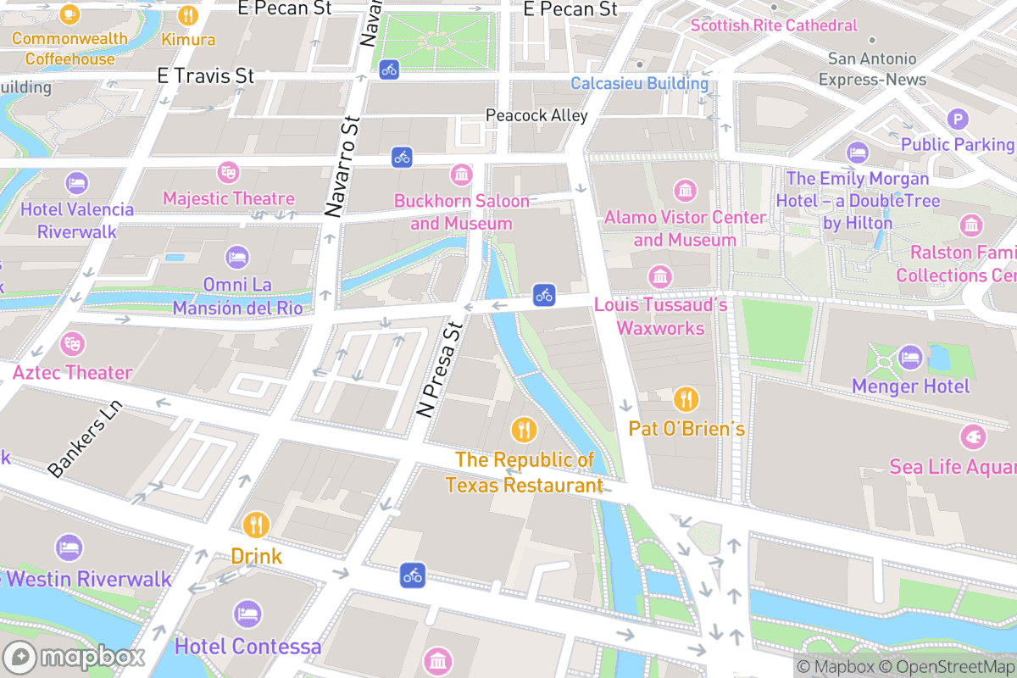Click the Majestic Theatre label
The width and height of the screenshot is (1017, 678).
click(229, 198)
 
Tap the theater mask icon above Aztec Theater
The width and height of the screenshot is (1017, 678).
click(73, 344)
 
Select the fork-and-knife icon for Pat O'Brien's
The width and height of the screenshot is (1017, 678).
click(686, 398)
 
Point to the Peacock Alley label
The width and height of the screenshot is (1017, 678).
click(536, 115)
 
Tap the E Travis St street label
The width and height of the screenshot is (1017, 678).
click(206, 76)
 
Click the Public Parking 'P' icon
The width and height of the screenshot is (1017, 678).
click(957, 119)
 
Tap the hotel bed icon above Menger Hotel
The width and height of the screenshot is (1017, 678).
click(910, 357)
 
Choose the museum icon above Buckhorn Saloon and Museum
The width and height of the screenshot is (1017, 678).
click(462, 175)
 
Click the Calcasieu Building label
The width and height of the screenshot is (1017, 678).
click(639, 83)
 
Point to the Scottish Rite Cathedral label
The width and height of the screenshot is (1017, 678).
click(774, 25)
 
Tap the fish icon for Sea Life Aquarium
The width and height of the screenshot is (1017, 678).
click(972, 437)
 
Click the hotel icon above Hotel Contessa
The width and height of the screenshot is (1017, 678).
click(247, 614)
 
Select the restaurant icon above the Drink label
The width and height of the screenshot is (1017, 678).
click(256, 525)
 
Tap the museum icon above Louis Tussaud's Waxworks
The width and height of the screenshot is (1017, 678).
click(659, 276)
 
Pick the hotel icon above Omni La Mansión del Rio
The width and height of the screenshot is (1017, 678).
click(237, 257)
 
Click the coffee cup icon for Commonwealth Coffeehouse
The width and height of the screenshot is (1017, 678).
click(69, 14)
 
